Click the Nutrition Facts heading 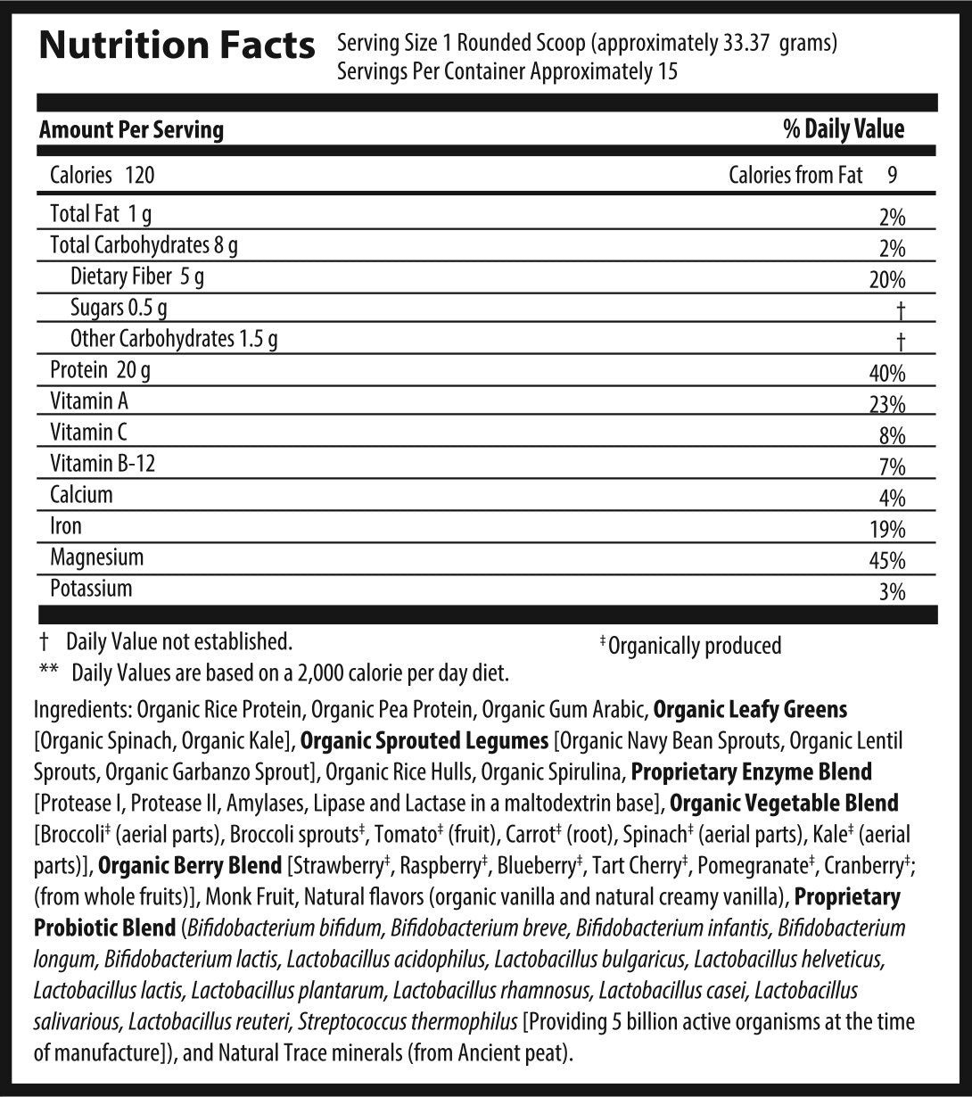tap(177, 46)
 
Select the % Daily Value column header tap(843, 129)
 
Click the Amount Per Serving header tap(131, 130)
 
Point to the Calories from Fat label tap(795, 175)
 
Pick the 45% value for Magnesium tap(886, 561)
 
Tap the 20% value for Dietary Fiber tap(886, 280)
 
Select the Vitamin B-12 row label tap(96, 464)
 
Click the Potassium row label tap(91, 589)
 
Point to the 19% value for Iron tap(886, 530)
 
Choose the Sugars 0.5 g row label tap(119, 309)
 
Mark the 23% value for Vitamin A tap(886, 405)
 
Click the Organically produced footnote tap(693, 645)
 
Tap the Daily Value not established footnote tap(178, 641)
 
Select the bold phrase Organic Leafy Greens tap(750, 710)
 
